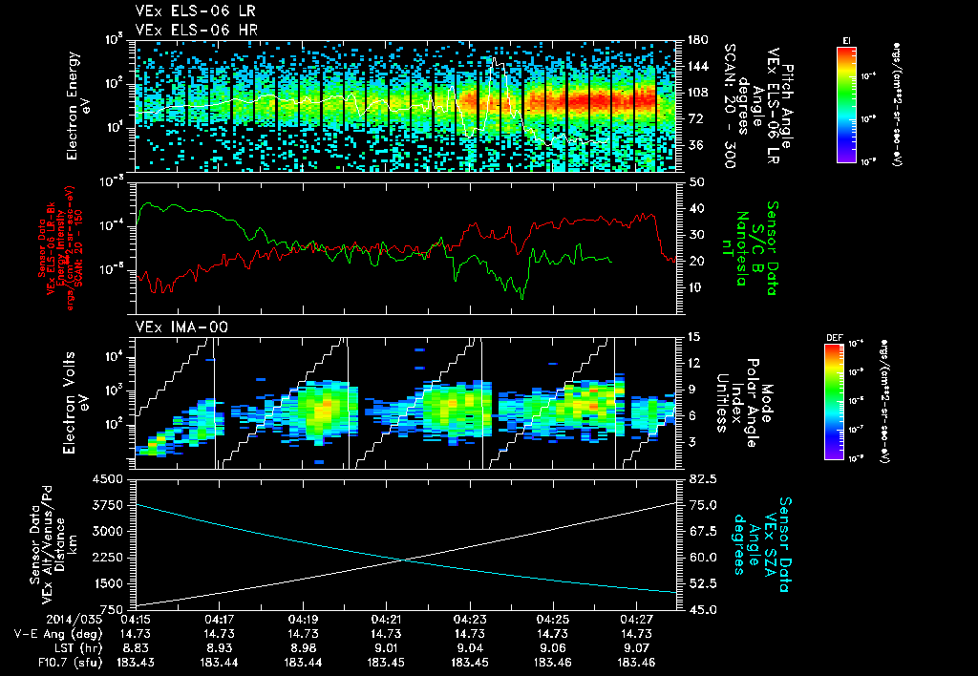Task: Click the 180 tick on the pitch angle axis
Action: (x=694, y=40)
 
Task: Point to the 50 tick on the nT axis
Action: (x=694, y=181)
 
